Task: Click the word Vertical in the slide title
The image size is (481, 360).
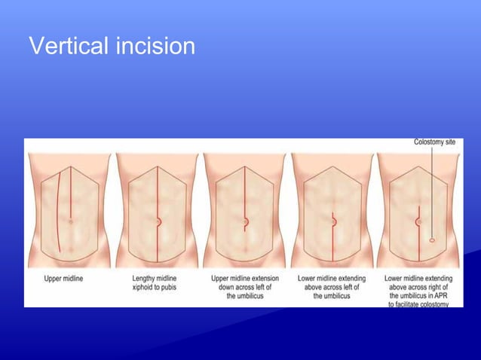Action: click(69, 47)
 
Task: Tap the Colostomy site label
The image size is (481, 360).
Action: click(434, 142)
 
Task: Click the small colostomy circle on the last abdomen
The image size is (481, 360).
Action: click(432, 239)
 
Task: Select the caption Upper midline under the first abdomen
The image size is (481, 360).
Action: click(64, 278)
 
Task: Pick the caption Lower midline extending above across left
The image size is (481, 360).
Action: click(332, 287)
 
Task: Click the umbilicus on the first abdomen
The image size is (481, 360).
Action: click(69, 221)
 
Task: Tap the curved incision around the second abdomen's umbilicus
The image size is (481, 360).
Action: click(159, 221)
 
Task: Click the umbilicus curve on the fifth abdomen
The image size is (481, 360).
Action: click(417, 222)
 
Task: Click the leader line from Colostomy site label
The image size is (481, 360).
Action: click(432, 188)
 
